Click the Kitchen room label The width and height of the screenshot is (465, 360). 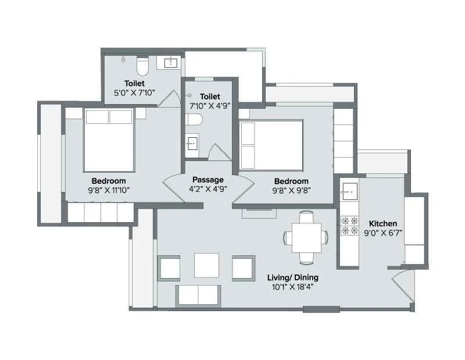tap(383, 223)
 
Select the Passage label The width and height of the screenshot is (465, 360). tap(208, 180)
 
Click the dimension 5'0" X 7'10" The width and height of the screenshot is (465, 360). tap(134, 92)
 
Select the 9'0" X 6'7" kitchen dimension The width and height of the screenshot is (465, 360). tap(383, 233)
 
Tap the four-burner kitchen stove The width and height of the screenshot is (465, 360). tap(350, 226)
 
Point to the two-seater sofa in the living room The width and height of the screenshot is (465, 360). tap(198, 295)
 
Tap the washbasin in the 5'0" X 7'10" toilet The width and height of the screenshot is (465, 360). tap(171, 62)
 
